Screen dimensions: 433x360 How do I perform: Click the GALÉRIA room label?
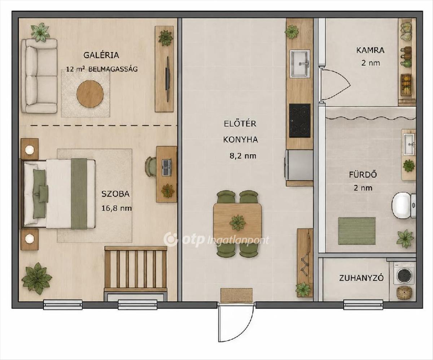coord(101,55)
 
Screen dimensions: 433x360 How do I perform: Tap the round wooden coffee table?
coord(90,94)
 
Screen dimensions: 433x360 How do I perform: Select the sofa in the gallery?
coord(39,76)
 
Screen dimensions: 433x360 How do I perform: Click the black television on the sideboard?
coord(167,79)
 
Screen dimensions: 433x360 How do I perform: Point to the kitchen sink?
coord(299,64)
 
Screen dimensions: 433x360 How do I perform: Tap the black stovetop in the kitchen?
coord(300,121)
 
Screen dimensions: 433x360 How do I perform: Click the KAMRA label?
coord(370,50)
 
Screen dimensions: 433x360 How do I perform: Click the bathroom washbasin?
coord(409,144)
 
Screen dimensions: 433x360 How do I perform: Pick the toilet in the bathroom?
coord(403,205)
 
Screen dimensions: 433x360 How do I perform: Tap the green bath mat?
coord(357,231)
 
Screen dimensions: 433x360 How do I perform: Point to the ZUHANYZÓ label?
coord(362,278)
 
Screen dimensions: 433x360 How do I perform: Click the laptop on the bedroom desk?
coord(166,168)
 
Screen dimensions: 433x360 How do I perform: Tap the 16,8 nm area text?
coord(117,208)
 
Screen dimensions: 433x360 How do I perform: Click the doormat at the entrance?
coord(236,295)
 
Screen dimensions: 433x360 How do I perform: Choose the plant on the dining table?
coord(238,223)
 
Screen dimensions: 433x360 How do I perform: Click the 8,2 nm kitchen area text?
coord(243,156)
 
